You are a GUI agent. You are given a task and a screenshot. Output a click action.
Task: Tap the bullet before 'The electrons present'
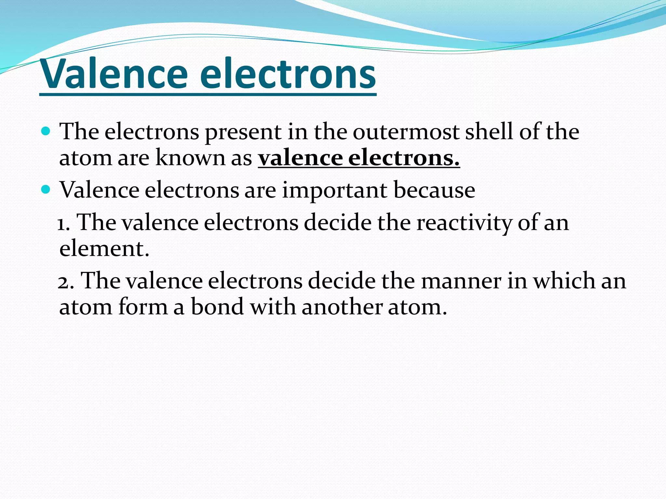point(46,131)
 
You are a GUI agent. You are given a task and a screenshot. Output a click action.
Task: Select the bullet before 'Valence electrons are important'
point(46,189)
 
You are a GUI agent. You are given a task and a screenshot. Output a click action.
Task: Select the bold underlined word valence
point(300,158)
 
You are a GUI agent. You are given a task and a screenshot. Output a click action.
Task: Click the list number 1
point(63,224)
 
